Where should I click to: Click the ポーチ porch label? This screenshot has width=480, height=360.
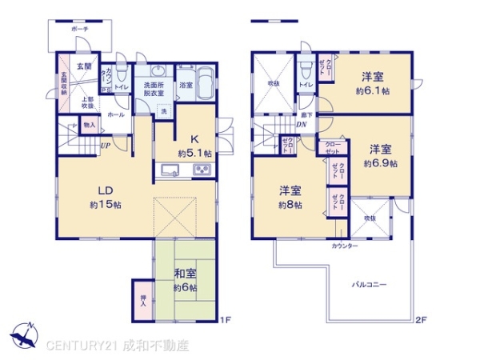click(x=79, y=29)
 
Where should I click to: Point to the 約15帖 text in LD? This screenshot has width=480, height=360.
click(x=105, y=205)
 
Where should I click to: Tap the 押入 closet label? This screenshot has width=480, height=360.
click(x=142, y=298)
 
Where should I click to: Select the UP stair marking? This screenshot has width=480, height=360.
click(x=105, y=145)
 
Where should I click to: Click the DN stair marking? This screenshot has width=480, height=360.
click(x=302, y=125)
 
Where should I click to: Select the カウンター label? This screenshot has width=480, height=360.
click(x=345, y=246)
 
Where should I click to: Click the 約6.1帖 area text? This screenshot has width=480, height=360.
click(x=374, y=92)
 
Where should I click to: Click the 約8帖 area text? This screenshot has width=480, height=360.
click(x=290, y=205)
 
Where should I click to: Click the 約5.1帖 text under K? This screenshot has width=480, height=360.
click(x=195, y=153)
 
